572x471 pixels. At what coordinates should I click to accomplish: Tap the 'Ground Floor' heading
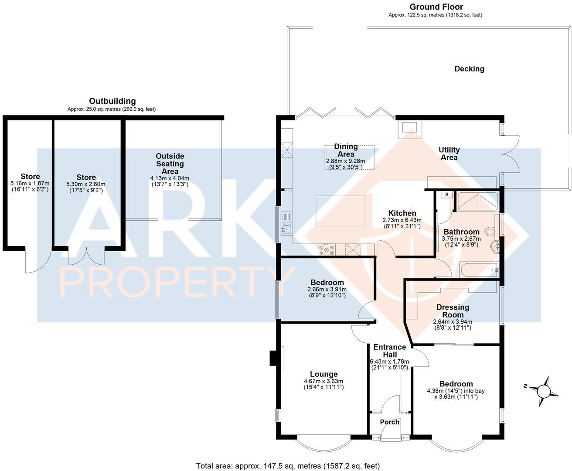pyautogui.click(x=430, y=7)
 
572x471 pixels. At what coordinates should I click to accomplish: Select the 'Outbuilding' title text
pyautogui.click(x=112, y=101)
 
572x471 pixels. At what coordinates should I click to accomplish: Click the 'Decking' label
pyautogui.click(x=469, y=68)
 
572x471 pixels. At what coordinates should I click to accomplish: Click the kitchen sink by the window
pyautogui.click(x=287, y=227)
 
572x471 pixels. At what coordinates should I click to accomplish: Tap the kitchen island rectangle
pyautogui.click(x=340, y=211)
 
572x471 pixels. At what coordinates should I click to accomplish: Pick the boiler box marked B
pyautogui.click(x=446, y=195)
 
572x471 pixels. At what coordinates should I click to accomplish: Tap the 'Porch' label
pyautogui.click(x=389, y=422)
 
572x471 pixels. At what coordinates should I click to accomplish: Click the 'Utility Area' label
pyautogui.click(x=449, y=154)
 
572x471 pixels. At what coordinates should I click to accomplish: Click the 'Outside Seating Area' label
pyautogui.click(x=170, y=164)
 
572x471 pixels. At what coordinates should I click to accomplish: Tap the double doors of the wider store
pyautogui.click(x=86, y=257)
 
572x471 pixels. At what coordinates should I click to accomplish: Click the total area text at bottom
pyautogui.click(x=288, y=465)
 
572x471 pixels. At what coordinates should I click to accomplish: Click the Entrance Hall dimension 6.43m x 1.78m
pyautogui.click(x=389, y=365)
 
